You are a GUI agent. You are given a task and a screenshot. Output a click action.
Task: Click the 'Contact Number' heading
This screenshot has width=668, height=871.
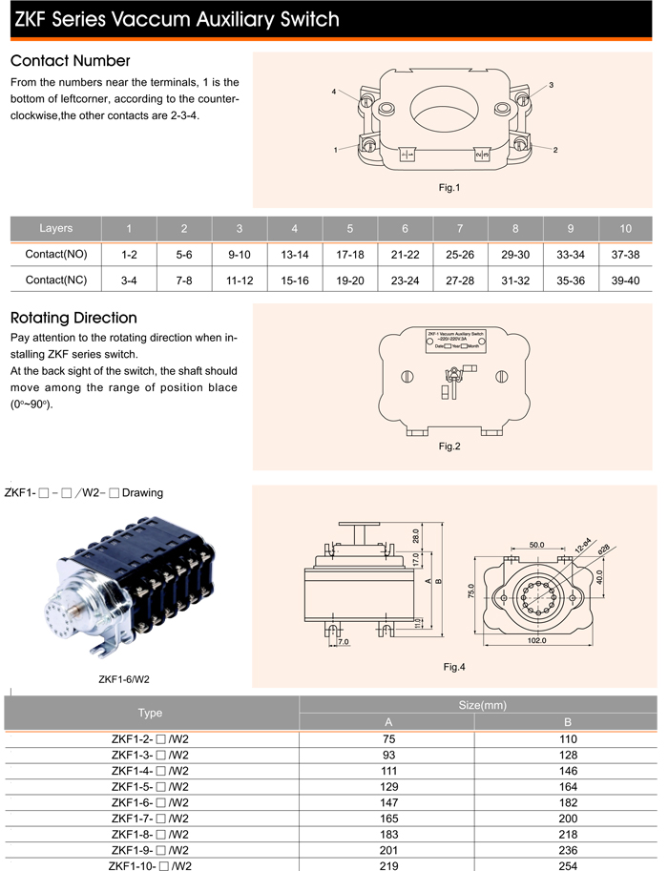tap(70, 61)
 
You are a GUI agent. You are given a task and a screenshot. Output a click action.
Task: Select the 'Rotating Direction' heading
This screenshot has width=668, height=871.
tap(73, 318)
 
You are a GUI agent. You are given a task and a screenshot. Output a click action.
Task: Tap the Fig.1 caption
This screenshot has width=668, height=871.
tap(449, 188)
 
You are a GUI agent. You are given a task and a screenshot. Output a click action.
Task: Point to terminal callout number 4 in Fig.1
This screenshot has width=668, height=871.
tap(335, 92)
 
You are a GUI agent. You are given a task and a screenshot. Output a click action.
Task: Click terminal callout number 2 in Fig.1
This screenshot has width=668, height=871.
tap(554, 150)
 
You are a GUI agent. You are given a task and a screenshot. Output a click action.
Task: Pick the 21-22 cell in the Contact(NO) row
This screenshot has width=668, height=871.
tap(406, 256)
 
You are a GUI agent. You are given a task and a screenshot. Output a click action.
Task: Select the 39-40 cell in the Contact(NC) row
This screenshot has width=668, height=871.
tap(626, 281)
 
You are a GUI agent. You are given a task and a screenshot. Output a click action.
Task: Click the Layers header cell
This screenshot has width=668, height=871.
tap(55, 229)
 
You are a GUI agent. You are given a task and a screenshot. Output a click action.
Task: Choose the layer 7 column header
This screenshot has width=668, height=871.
tap(460, 229)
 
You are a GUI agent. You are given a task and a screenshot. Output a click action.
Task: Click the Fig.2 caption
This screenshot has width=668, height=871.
tap(449, 446)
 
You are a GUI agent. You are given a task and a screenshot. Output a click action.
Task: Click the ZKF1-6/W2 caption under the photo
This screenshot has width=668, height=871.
tap(123, 680)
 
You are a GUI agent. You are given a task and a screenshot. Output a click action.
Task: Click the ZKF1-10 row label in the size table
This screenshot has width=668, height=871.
tap(151, 865)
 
